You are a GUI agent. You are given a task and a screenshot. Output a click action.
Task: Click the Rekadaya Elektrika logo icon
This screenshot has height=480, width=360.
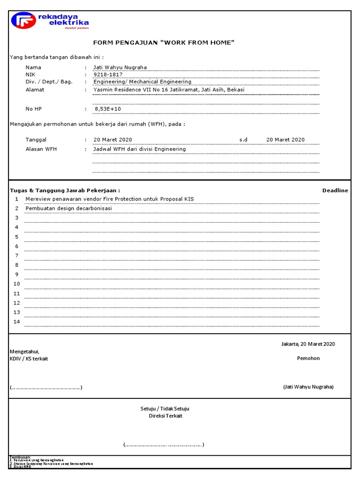23,21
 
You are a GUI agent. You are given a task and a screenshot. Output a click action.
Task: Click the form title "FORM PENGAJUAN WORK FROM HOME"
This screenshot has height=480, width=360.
163,43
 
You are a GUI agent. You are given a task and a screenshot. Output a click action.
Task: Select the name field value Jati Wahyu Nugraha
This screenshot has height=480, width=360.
120,67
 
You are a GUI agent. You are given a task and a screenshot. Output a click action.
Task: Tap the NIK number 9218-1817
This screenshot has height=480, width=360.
108,75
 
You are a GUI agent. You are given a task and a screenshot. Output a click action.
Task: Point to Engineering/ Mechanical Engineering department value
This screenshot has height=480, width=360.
142,82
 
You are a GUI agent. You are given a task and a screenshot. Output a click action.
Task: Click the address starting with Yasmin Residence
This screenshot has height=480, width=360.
169,90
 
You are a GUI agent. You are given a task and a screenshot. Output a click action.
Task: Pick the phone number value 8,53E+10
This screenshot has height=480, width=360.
108,109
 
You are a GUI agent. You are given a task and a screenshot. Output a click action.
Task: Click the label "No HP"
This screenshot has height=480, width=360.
34,109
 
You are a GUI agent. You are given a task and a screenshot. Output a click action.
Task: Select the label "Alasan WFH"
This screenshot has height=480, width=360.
41,149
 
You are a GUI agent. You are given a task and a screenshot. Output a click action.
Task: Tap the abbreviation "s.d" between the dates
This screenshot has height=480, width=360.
243,140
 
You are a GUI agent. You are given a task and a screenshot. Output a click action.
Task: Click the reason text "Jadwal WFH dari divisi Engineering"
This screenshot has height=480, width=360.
140,149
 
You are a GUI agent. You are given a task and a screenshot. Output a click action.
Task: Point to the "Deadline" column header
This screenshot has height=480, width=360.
335,190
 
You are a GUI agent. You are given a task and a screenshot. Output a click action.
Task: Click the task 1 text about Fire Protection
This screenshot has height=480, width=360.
110,199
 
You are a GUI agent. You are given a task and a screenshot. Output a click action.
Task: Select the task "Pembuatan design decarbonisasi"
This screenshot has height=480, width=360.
68,208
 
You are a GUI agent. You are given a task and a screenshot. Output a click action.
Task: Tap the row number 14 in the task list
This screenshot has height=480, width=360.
17,322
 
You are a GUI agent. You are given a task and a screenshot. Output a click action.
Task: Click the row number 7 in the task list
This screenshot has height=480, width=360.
16,255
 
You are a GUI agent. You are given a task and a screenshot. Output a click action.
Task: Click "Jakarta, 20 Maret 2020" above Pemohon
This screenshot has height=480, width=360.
307,344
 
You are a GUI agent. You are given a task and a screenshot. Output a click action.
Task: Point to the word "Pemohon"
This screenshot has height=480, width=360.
308,359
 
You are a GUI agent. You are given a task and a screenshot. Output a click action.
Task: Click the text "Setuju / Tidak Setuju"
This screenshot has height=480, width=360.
165,409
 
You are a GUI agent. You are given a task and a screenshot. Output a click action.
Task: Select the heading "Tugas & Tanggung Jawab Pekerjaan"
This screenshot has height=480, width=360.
65,190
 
